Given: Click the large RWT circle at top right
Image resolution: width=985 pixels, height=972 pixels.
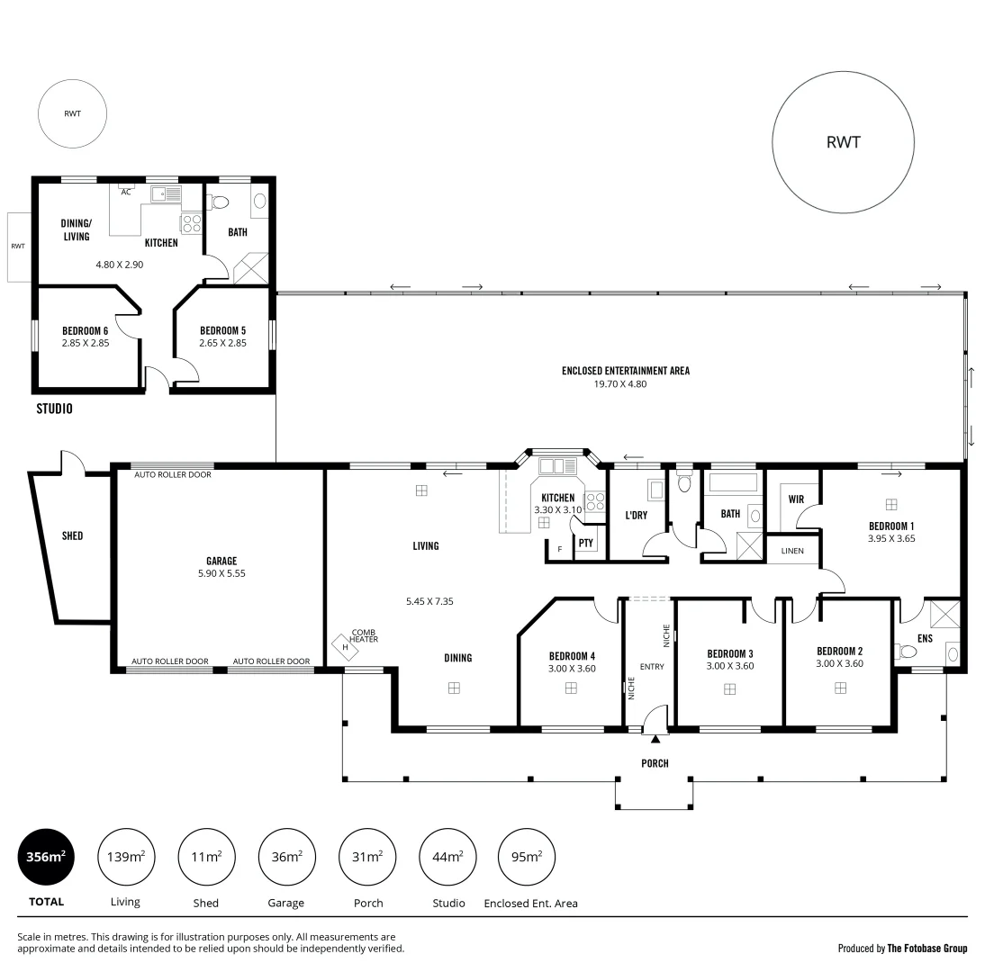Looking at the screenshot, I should [x=843, y=142].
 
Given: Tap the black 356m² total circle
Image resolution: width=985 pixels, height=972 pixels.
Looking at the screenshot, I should [x=46, y=857].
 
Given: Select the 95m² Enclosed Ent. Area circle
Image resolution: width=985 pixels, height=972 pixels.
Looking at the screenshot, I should [x=527, y=857].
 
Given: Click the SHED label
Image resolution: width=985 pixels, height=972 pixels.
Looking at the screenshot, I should [x=72, y=535].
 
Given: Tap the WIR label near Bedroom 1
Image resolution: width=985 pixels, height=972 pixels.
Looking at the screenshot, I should [x=796, y=498].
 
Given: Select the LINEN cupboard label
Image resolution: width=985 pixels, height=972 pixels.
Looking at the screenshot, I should [x=792, y=551].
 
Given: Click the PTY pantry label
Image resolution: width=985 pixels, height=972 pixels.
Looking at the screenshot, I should [x=585, y=543].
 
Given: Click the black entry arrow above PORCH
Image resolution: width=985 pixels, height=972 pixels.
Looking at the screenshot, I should [x=655, y=740].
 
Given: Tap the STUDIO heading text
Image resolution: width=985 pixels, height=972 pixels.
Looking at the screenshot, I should [x=54, y=409].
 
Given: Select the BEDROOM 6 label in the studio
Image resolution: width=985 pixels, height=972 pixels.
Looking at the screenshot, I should [x=86, y=330].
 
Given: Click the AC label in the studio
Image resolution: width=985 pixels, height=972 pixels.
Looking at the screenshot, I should [x=126, y=192].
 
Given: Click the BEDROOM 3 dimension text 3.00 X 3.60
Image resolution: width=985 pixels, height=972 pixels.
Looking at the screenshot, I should [x=729, y=666].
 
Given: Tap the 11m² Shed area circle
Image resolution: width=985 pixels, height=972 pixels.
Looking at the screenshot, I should [x=206, y=857].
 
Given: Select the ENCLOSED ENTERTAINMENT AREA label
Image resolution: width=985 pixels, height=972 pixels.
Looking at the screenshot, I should [x=625, y=370].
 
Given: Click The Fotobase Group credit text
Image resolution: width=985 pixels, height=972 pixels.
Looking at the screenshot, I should [x=927, y=948].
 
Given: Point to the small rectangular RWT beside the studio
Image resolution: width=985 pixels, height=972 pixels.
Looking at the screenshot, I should [x=18, y=246].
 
